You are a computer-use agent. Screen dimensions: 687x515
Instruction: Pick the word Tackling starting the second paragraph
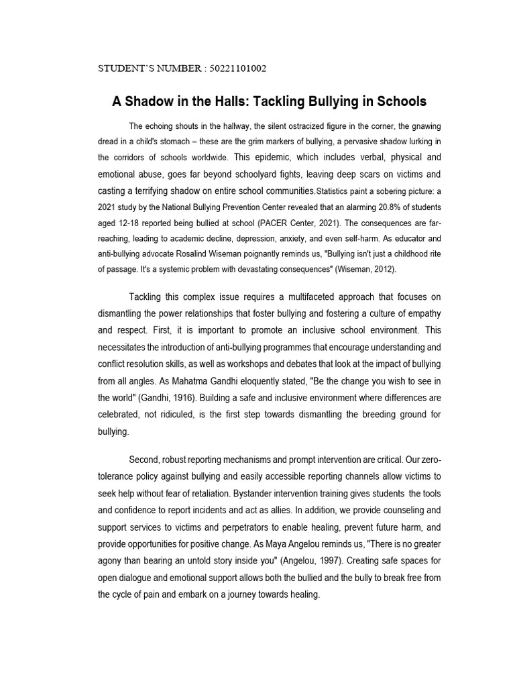[x=148, y=297]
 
